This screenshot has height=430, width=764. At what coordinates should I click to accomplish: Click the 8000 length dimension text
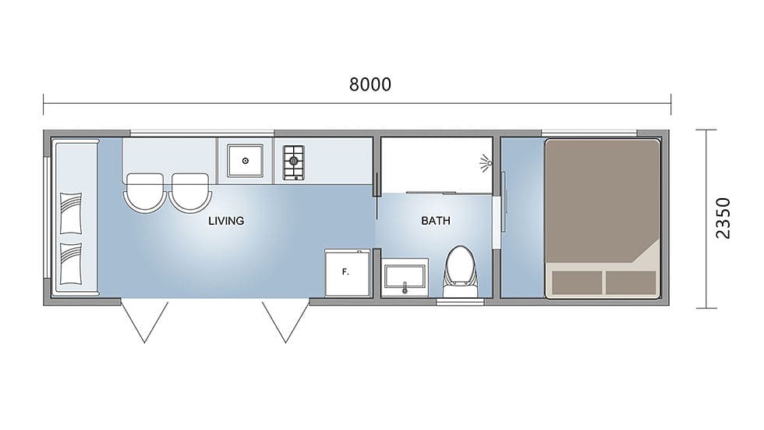pos(370,85)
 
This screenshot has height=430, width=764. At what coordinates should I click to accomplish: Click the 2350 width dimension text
pos(723,218)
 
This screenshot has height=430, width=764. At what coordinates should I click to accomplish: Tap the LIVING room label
pos(226,221)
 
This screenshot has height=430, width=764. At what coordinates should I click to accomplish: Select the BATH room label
pos(436,221)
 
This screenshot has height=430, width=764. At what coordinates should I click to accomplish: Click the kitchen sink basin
pos(245,161)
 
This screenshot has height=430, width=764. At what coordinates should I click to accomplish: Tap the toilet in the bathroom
pos(461,272)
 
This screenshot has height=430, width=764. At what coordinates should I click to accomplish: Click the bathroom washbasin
pos(405,277)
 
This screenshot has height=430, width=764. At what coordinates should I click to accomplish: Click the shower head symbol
pos(486,163)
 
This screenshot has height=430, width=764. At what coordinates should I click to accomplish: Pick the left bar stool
pos(144,192)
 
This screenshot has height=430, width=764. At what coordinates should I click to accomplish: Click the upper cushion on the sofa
pos(71,213)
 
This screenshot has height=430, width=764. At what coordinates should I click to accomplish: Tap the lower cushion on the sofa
pos(71,263)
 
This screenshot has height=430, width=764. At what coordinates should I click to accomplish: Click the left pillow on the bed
pos(577,283)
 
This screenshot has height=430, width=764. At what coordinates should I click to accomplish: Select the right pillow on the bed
pos(631,283)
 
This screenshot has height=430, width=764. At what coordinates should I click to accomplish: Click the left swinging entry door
pos(144,322)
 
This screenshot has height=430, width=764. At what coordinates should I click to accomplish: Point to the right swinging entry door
pos(285,322)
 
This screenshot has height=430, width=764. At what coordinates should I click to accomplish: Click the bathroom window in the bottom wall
pos(460,302)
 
